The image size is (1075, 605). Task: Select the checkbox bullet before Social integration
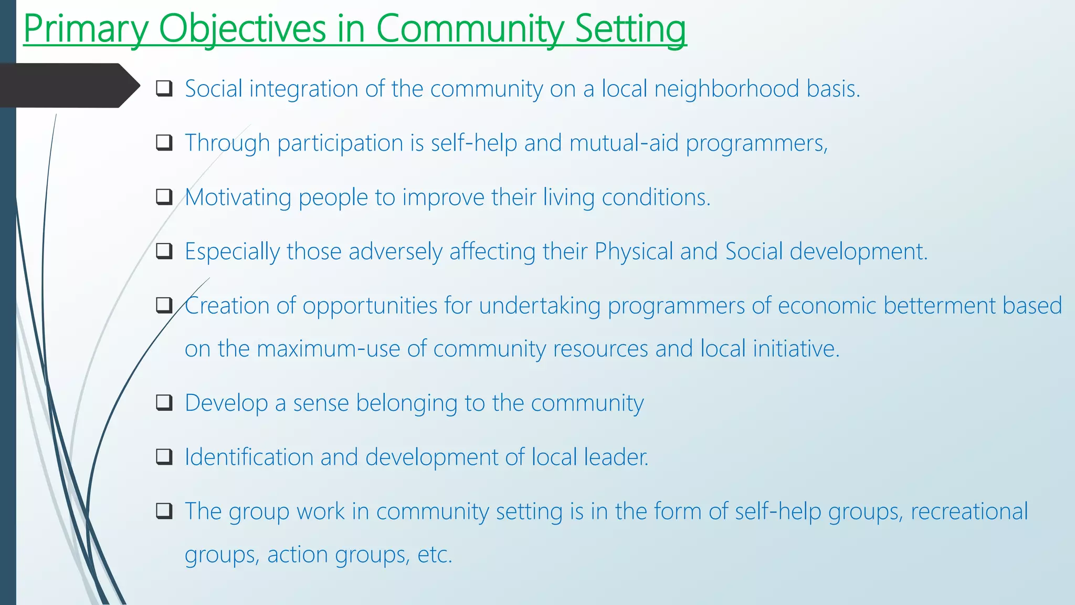164,88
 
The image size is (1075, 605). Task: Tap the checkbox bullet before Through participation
164,142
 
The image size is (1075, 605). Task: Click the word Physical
634,252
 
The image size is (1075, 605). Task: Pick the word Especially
232,252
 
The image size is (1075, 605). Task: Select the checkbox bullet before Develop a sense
164,403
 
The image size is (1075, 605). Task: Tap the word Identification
249,457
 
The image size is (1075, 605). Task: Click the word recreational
969,512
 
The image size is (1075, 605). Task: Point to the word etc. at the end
434,555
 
